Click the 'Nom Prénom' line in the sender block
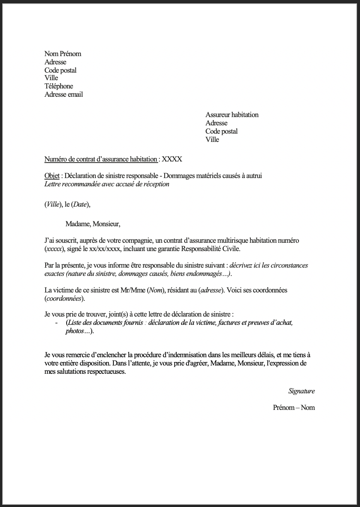tap(63, 54)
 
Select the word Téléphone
tap(58, 86)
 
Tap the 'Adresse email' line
tap(63, 94)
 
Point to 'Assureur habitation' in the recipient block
tap(232, 115)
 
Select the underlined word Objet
tap(52, 176)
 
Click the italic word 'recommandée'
tap(82, 184)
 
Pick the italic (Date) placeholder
tap(79, 204)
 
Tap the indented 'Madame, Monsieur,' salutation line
tap(93, 224)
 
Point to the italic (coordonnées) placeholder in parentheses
tap(64, 298)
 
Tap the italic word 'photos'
tap(75, 331)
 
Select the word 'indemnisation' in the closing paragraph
tap(184, 355)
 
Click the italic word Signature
tap(301, 391)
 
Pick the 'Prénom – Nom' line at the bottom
tap(294, 408)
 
